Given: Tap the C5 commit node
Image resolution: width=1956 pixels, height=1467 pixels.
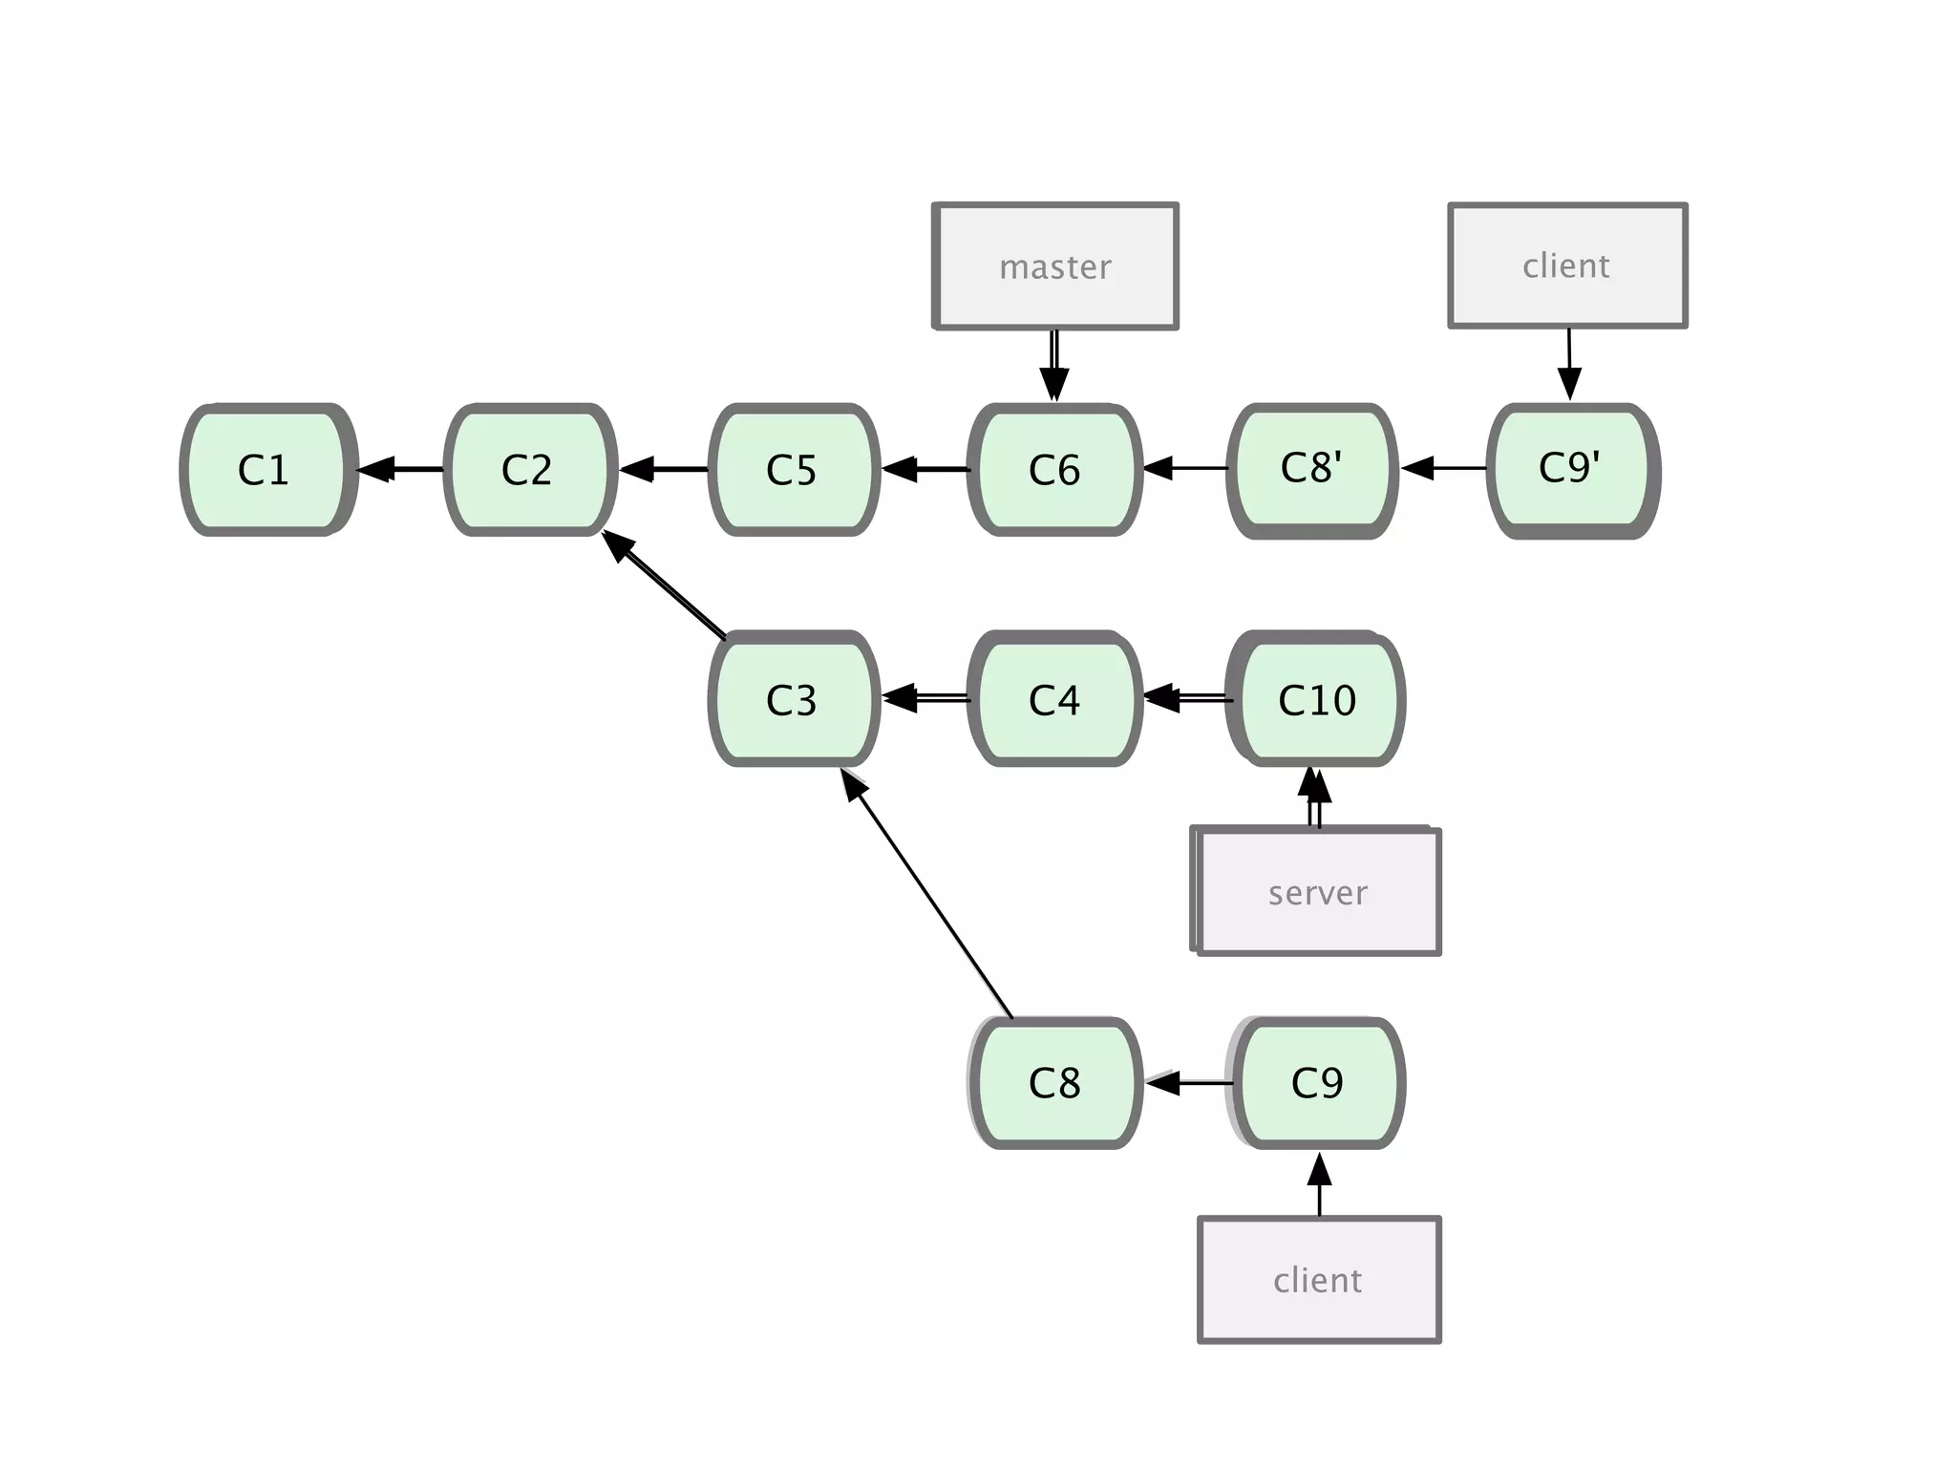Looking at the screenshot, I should (x=793, y=470).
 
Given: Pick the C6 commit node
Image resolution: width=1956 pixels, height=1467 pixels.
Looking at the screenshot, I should (x=1054, y=470).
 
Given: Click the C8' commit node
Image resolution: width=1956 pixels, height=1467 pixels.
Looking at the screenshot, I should (x=1312, y=470).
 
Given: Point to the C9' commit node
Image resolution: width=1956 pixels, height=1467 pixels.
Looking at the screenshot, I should (x=1572, y=470).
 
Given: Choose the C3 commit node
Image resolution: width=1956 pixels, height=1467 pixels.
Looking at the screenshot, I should (x=793, y=699).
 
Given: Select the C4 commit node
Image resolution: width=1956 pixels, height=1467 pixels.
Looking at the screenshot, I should (x=1054, y=699).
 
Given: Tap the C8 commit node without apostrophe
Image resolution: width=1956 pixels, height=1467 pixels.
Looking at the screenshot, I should (x=1054, y=1083).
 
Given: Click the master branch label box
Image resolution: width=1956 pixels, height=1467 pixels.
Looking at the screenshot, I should (x=1054, y=266).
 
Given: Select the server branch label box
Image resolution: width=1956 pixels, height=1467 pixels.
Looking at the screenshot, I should (x=1317, y=892).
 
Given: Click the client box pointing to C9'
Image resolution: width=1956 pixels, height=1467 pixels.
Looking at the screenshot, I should (x=1567, y=266).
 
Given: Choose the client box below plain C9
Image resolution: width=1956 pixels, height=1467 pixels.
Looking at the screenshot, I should (x=1318, y=1280).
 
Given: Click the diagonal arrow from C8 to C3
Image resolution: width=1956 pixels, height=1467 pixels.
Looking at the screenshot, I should (x=926, y=893).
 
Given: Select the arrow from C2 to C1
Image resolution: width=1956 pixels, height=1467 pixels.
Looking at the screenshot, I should (x=401, y=469).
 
